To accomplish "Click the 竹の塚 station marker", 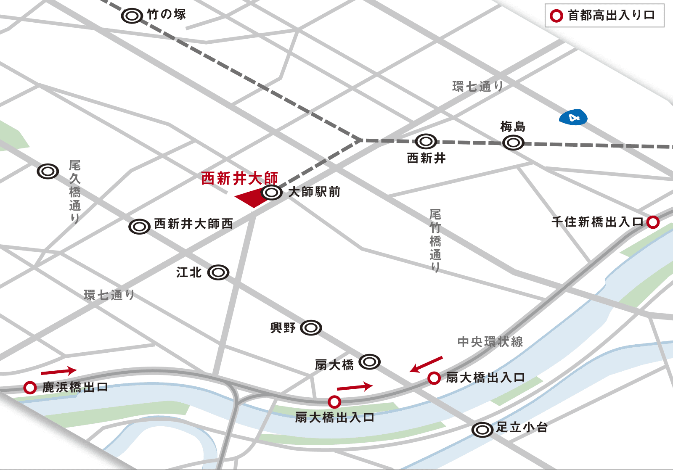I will point(132,16).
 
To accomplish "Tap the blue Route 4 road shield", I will point(573,118).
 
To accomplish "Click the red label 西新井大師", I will point(239,178).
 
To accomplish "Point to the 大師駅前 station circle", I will point(272,193).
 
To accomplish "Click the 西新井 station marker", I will point(426,141).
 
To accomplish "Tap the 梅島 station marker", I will point(513,143).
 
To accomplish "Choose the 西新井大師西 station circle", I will point(139,227).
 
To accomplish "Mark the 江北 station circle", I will point(218,272).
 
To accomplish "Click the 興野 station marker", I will point(311,327).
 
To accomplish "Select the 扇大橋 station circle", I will point(369,362).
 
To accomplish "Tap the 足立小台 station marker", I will point(482,430).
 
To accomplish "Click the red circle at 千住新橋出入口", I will point(653,222).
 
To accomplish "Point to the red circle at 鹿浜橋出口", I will point(30,387).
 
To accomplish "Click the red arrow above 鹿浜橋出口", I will point(58,371).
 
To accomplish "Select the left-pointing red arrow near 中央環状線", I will point(426,364).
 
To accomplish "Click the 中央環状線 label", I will point(490,341).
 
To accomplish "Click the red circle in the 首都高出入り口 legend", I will point(556,16).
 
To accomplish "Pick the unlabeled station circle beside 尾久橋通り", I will point(48,171).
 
